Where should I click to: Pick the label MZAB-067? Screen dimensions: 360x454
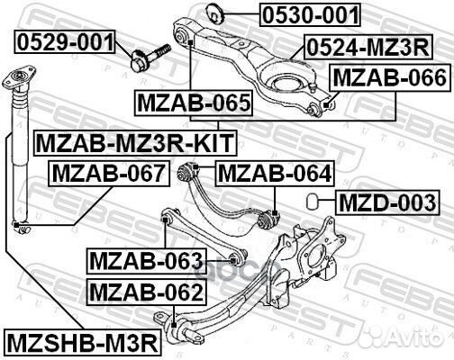(108, 172)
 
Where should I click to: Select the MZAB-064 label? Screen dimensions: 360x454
(275, 172)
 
